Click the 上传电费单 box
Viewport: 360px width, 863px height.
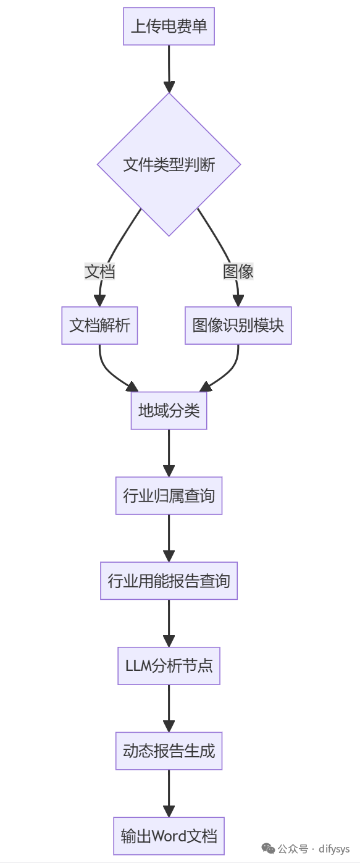[169, 27]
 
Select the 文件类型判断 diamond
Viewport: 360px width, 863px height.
[169, 165]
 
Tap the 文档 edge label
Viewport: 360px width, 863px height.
[99, 271]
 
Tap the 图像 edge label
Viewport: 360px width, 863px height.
[238, 271]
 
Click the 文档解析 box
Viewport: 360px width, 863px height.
[99, 326]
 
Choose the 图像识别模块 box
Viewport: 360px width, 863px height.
[238, 326]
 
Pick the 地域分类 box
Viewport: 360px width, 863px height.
[169, 411]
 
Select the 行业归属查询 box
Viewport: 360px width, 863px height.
[169, 495]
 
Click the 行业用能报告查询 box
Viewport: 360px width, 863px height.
[169, 581]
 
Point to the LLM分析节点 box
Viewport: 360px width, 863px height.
[169, 666]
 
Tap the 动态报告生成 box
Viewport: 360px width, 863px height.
[169, 751]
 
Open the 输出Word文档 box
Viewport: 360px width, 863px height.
[169, 836]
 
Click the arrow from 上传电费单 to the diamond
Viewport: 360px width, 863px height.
[169, 68]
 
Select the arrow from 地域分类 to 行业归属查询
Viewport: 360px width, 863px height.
[169, 453]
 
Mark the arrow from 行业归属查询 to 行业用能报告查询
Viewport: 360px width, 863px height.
[169, 537]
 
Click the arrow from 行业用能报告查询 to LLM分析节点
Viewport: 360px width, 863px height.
[169, 623]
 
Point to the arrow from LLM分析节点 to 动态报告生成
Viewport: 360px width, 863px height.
[169, 708]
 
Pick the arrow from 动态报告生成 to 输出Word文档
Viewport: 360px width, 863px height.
[169, 793]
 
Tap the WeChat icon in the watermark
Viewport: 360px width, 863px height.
[269, 848]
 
